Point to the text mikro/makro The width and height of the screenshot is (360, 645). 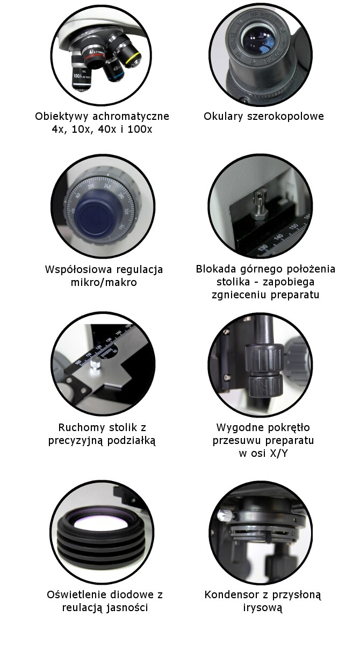(x=104, y=283)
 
